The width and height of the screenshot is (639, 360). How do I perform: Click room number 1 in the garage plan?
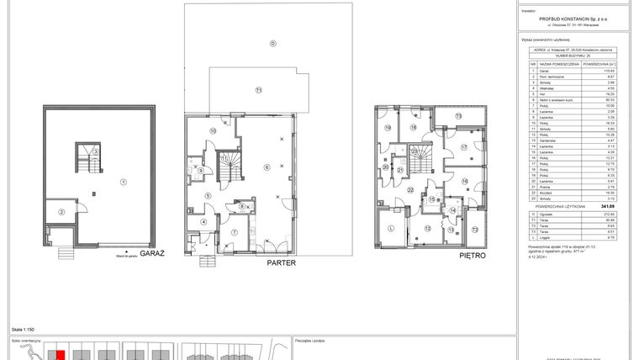[122, 182]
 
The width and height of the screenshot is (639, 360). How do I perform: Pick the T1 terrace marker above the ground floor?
[259, 90]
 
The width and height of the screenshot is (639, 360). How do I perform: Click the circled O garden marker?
[272, 43]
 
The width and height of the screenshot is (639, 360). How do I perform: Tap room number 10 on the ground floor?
[213, 131]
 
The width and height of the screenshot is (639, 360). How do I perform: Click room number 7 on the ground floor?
[235, 231]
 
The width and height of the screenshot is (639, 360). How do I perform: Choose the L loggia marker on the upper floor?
[392, 228]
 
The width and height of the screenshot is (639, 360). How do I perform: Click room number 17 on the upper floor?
[462, 147]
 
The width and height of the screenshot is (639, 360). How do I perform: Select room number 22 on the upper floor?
[411, 191]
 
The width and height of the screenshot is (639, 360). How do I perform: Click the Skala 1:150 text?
[23, 331]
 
